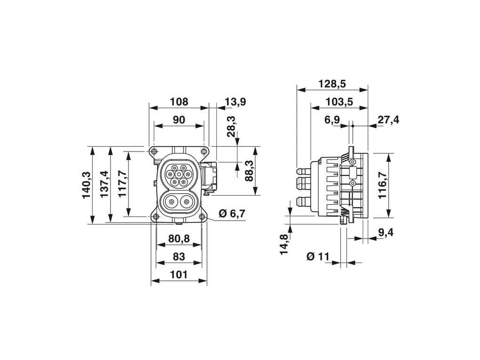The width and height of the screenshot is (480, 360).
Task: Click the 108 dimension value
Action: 178,102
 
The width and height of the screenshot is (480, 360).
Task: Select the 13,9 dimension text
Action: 235,102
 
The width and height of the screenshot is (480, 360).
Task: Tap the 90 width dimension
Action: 179,120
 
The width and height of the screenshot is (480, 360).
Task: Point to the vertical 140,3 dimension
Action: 87,184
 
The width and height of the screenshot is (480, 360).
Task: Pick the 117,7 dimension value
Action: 122,184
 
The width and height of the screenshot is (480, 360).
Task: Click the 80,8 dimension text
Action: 179,239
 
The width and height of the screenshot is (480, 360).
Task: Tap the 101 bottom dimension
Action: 179,275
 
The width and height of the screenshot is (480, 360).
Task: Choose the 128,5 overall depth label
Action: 332,84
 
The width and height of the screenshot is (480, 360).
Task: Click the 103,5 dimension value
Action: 339,102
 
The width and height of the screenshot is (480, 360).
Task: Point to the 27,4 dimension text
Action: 388,120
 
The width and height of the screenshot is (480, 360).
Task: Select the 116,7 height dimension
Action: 383,184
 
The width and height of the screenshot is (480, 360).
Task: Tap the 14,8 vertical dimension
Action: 284,243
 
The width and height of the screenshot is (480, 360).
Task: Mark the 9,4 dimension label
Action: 386,232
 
